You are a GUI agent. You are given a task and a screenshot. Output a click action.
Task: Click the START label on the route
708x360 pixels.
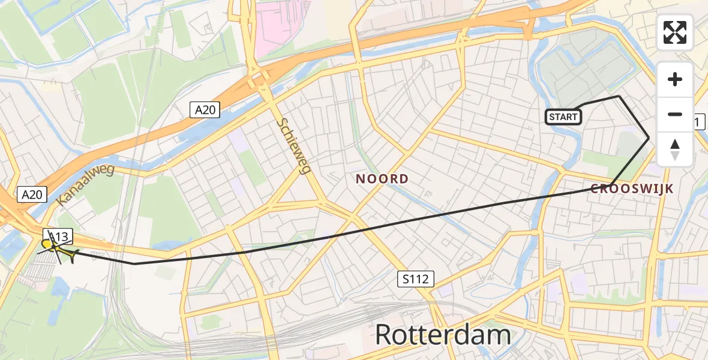[x=563, y=117]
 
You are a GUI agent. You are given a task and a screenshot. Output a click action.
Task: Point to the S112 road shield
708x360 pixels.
[x=415, y=278]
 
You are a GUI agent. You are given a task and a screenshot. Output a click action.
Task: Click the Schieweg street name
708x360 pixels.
[x=293, y=146]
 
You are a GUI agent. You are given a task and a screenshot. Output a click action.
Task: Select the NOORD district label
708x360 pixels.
[x=382, y=179]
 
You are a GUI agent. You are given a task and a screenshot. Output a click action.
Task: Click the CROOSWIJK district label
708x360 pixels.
[x=632, y=189]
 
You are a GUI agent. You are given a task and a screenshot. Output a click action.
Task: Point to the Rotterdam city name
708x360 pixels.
[x=443, y=335]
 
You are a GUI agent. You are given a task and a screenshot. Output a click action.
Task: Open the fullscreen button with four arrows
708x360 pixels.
[x=675, y=32]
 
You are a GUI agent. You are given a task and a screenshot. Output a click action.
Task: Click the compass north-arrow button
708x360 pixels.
[x=675, y=149]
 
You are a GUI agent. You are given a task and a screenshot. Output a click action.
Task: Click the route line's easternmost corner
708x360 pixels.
[x=649, y=138]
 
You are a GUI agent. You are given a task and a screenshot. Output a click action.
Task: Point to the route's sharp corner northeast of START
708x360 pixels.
[x=619, y=96]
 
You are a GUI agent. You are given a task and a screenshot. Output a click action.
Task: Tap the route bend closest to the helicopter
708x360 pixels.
[x=134, y=263]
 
